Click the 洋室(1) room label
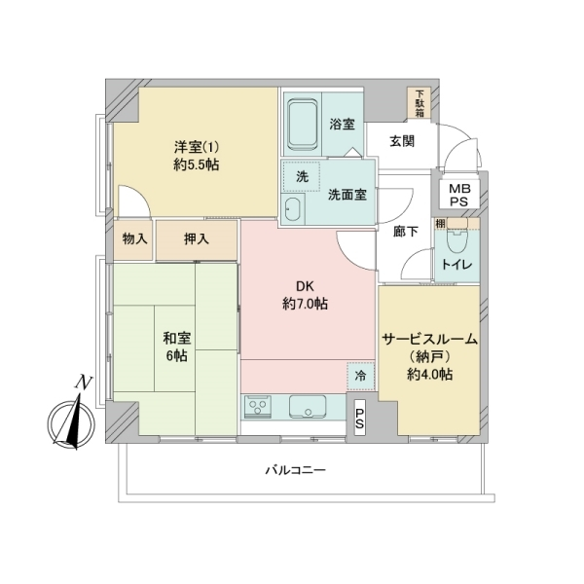click(197, 148)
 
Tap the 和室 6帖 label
click(177, 347)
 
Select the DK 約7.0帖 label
click(305, 296)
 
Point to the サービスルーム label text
click(430, 339)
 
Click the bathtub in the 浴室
click(303, 124)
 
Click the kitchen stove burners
click(258, 407)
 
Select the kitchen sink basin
click(308, 407)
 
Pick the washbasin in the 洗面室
click(293, 209)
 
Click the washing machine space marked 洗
click(302, 176)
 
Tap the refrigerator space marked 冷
click(360, 376)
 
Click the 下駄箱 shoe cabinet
click(420, 103)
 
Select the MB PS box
click(458, 195)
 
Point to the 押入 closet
click(197, 239)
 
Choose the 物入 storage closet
click(133, 239)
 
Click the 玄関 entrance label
click(402, 141)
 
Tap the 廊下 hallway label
click(406, 232)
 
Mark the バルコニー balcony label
click(296, 470)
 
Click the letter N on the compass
click(84, 383)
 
